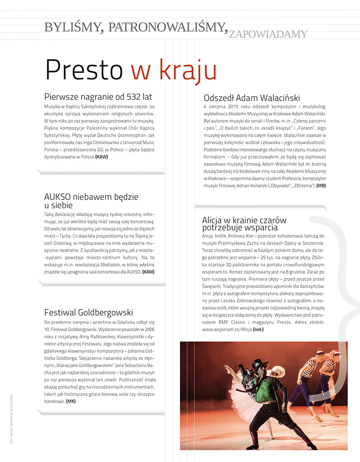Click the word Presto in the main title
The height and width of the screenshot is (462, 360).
point(84,70)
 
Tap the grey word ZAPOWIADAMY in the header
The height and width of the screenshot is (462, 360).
point(268,34)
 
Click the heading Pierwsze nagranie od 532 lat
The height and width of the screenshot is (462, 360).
point(99,97)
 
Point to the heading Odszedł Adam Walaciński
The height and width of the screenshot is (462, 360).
point(252,98)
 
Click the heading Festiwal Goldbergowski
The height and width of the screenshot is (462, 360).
point(89,312)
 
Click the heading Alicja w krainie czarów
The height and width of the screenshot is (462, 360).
point(244,220)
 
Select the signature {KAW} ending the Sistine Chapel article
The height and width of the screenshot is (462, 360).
point(102,157)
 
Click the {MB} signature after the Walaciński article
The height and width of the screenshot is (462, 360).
point(321,185)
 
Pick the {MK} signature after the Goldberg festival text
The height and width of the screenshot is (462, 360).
point(71,401)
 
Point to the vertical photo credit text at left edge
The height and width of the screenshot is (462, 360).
point(10,418)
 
